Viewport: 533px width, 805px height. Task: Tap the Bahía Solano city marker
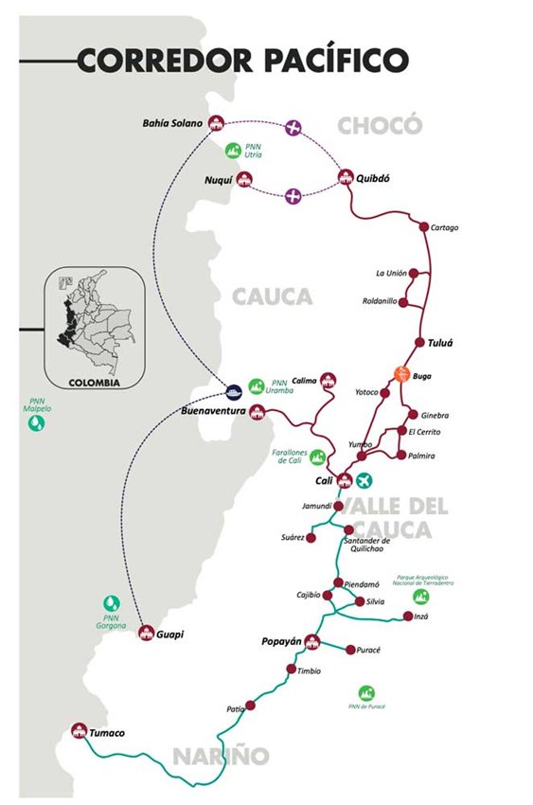tap(216, 123)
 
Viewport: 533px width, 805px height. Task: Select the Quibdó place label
tap(374, 178)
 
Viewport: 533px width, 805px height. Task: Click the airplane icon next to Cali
tap(365, 479)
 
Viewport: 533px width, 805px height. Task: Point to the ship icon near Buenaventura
tap(233, 389)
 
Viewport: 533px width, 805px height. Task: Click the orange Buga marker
tap(400, 373)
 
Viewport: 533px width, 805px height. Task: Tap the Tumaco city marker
tap(79, 730)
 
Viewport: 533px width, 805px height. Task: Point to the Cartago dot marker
tap(424, 227)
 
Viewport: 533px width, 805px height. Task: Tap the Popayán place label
tap(281, 641)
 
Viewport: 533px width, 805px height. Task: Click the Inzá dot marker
tap(408, 617)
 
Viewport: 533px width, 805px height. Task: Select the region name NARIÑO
tap(221, 755)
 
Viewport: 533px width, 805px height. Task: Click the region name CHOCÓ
tap(378, 125)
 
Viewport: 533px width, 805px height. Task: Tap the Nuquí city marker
tap(245, 178)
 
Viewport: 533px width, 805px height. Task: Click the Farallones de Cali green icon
tap(317, 457)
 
